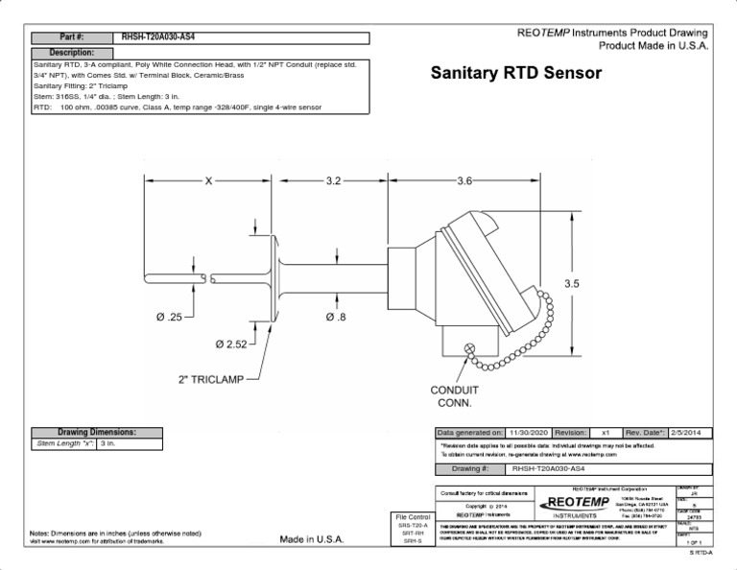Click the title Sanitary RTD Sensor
point(515,73)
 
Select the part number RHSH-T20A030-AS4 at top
point(157,36)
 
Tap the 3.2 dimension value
point(333,179)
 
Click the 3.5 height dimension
point(573,283)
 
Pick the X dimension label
point(206,179)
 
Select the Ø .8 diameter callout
point(335,316)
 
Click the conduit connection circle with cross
point(469,350)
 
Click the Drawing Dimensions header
point(97,433)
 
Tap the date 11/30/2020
point(527,433)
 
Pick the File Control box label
point(413,518)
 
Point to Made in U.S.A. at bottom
point(311,539)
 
